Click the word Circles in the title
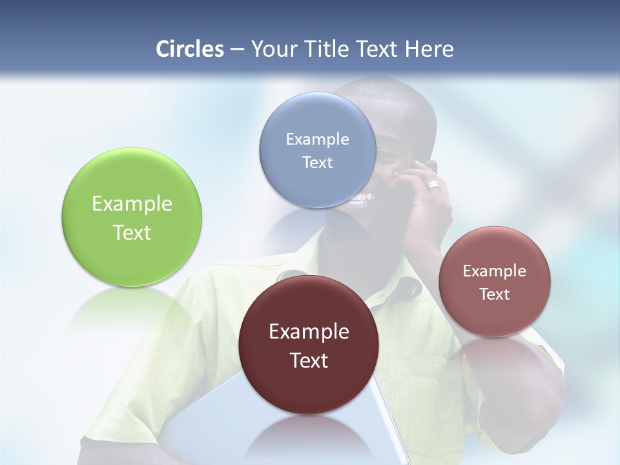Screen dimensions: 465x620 coord(190,49)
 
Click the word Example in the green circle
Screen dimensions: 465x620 coord(132,204)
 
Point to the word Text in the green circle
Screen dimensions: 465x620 coord(132,232)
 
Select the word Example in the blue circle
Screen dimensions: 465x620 coord(317,139)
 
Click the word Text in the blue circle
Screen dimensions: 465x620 coord(317,163)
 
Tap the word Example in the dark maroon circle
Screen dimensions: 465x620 coord(309,332)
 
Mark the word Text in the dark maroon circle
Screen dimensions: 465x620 coord(309,360)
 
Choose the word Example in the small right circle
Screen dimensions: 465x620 coord(495,271)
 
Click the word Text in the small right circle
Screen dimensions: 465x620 coord(495,294)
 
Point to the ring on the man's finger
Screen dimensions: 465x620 coord(434,185)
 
